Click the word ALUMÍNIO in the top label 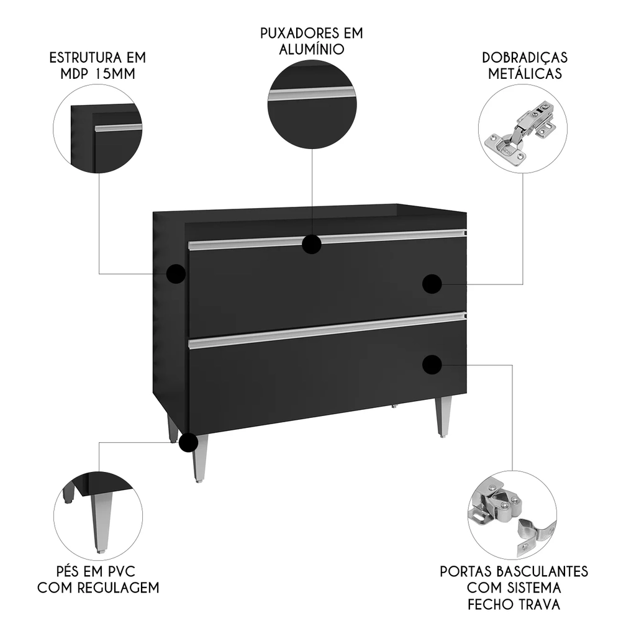[311, 49]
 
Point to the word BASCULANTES [547, 571]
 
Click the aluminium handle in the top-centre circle [312, 94]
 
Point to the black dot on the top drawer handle [312, 245]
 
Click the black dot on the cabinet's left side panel [176, 273]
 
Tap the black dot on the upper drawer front [432, 284]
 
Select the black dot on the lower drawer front [432, 365]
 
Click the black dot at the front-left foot [188, 443]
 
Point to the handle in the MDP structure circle [118, 127]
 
